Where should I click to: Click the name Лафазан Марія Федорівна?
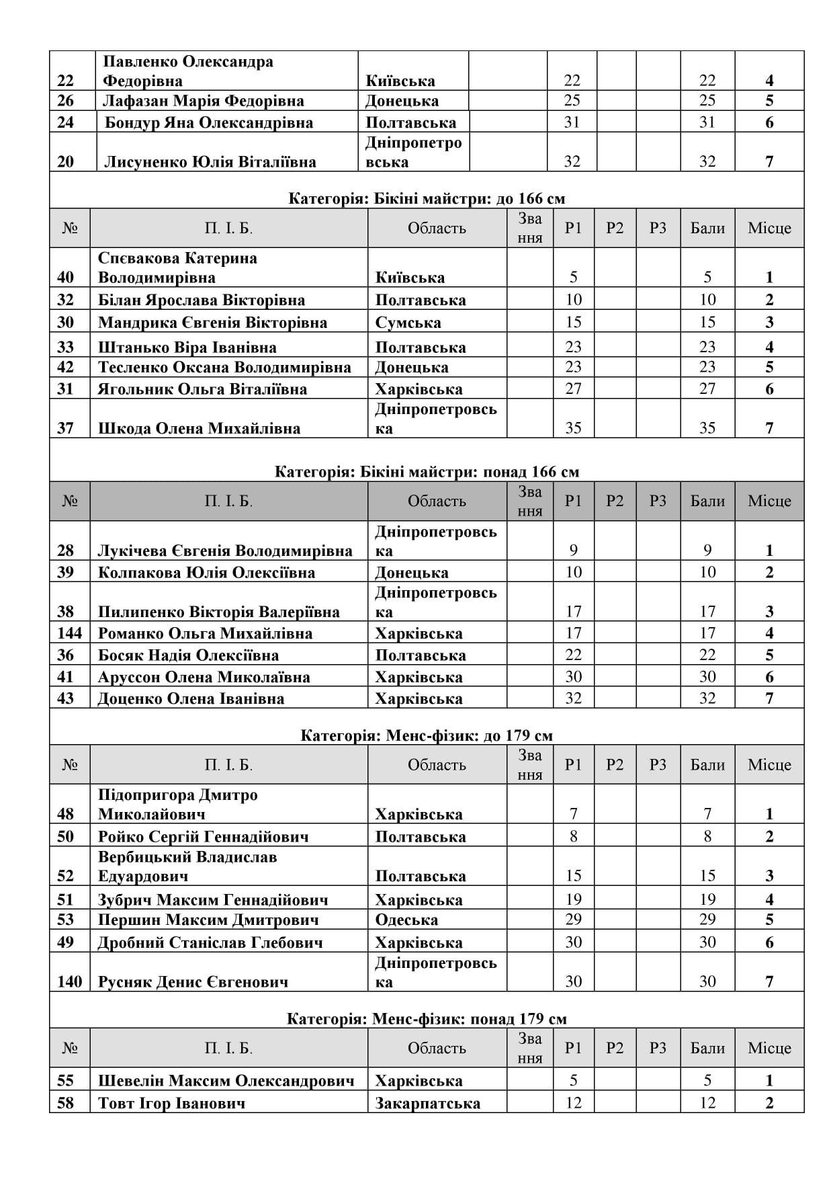(x=203, y=101)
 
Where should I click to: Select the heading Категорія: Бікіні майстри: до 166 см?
(x=427, y=198)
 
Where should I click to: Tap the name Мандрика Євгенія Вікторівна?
(x=212, y=322)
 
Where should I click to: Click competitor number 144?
(x=70, y=633)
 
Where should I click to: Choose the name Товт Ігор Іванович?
(x=171, y=1102)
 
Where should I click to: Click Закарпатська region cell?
(x=427, y=1102)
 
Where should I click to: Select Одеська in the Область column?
(x=406, y=920)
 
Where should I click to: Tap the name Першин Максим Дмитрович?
(x=208, y=920)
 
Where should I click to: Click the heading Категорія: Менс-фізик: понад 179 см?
(x=427, y=1018)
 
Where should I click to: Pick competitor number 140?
(x=70, y=981)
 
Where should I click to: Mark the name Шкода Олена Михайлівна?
(x=199, y=428)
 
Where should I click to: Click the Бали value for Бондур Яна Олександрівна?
(x=707, y=122)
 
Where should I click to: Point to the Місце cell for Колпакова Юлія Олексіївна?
(x=769, y=572)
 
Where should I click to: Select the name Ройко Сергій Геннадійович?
(x=203, y=836)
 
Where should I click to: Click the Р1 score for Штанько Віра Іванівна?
(x=573, y=347)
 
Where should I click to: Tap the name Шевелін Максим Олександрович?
(x=226, y=1080)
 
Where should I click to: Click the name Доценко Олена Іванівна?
(x=191, y=698)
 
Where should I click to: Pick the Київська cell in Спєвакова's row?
(x=410, y=277)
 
